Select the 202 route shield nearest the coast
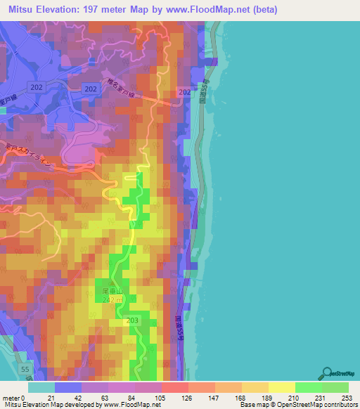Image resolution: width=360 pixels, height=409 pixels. click(x=185, y=93)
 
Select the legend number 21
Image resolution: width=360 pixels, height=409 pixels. click(x=50, y=397)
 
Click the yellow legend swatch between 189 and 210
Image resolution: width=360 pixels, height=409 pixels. click(x=281, y=387)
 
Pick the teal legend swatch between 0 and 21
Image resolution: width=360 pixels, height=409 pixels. click(x=41, y=387)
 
